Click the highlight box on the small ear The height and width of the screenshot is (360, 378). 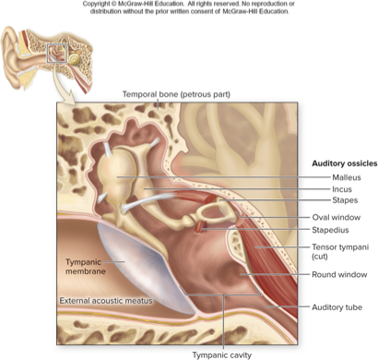61,53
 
